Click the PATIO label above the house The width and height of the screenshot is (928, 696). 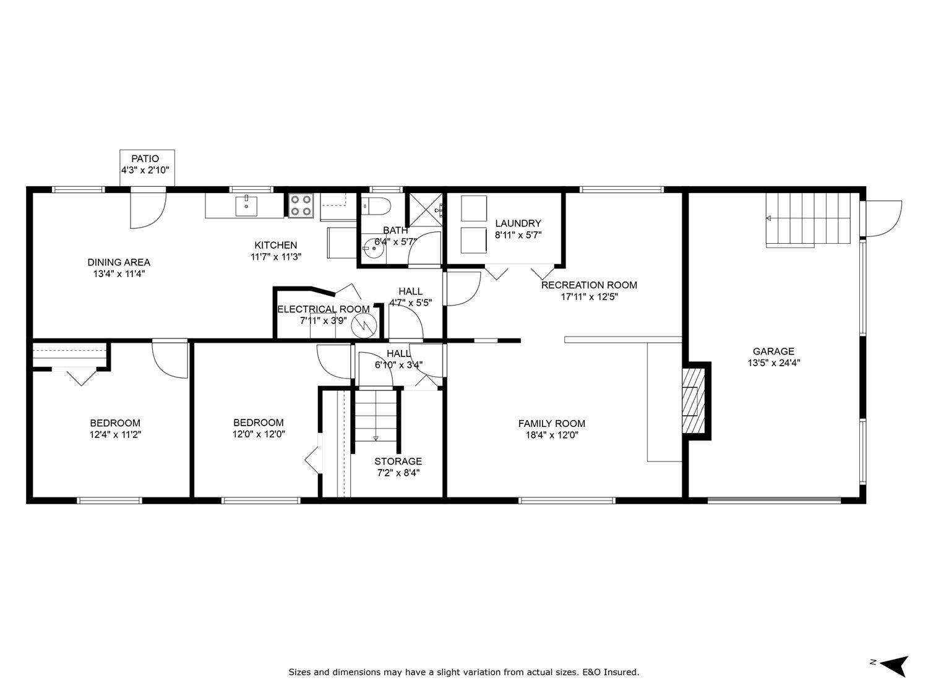tap(145, 159)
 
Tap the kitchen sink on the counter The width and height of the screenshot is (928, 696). tap(247, 205)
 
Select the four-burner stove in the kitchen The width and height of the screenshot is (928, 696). tap(301, 205)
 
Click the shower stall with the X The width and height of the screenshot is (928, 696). tap(426, 210)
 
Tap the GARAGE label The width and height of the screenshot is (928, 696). tap(773, 351)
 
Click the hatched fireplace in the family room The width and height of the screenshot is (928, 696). tap(694, 401)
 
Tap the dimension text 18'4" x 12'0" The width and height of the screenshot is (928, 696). tap(551, 435)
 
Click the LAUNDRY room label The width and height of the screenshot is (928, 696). tap(518, 223)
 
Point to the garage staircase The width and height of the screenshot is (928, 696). tap(810, 219)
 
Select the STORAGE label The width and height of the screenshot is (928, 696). tap(398, 462)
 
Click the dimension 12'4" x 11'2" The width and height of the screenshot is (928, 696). tap(115, 434)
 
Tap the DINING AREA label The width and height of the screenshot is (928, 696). tap(119, 262)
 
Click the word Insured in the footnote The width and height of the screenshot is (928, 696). tap(621, 672)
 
